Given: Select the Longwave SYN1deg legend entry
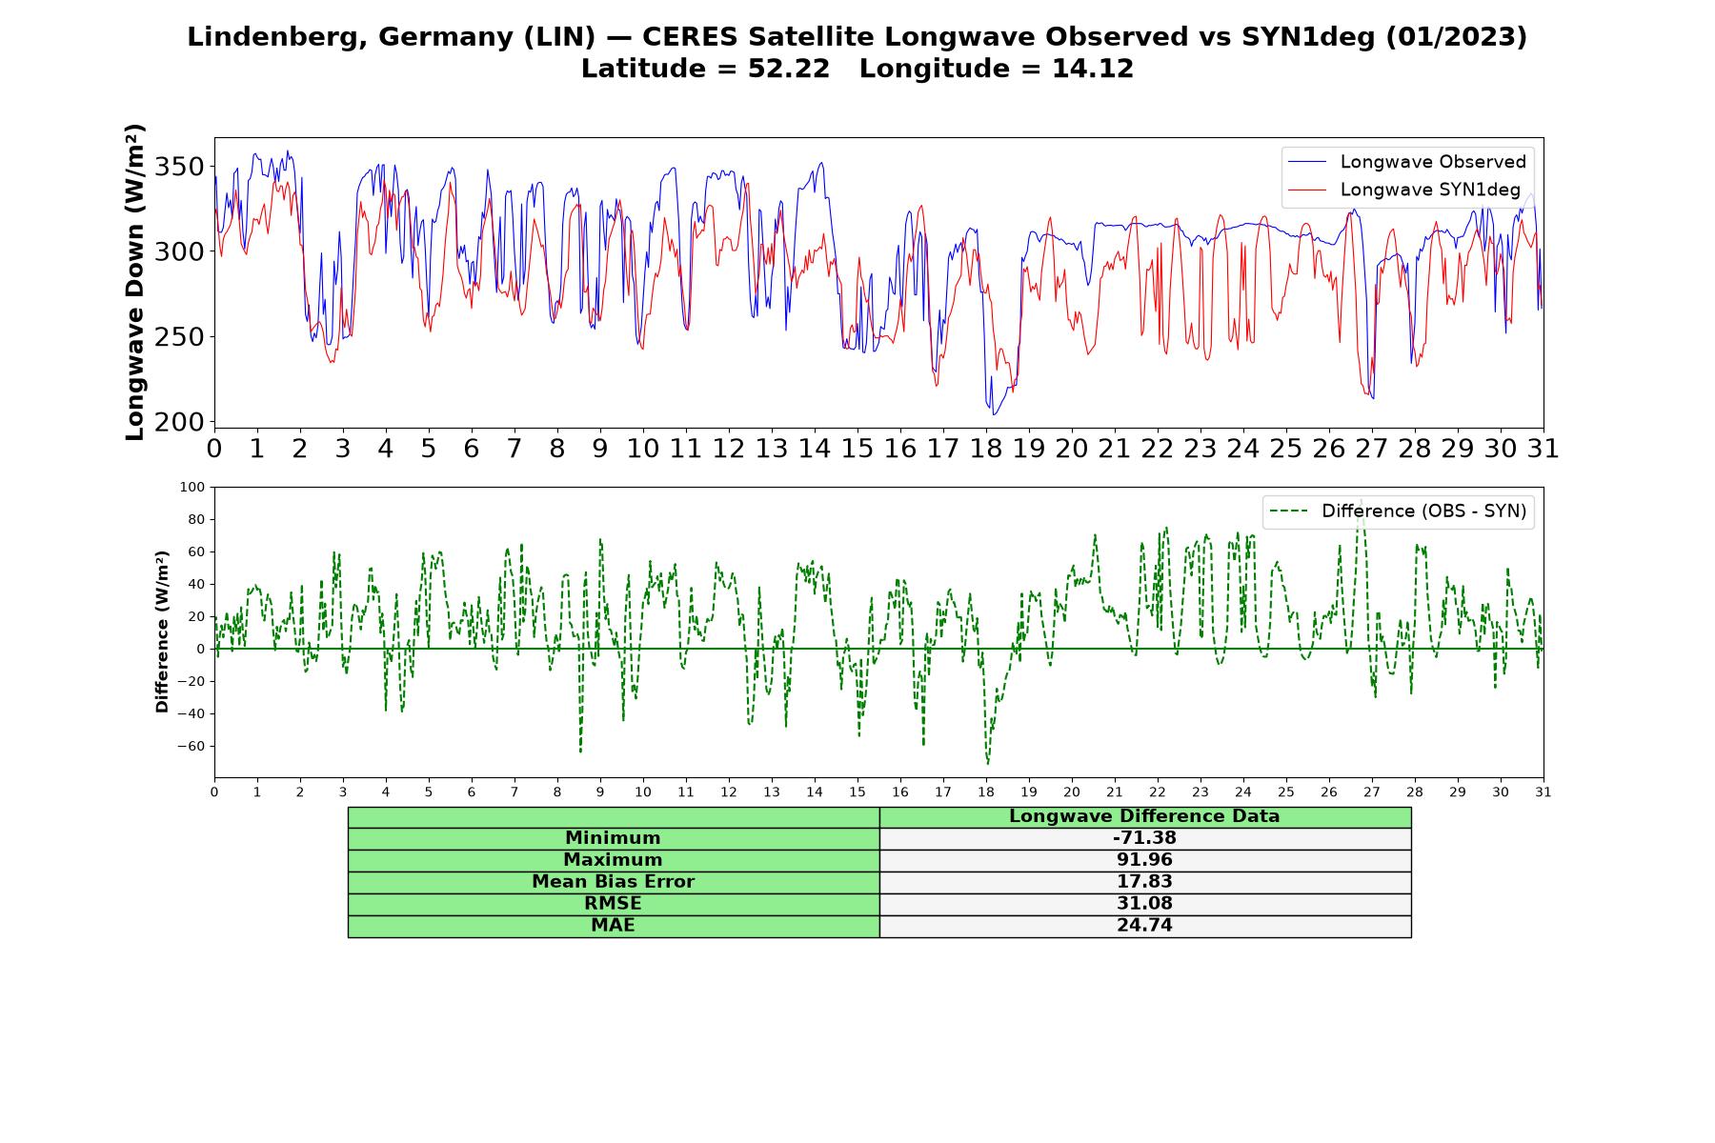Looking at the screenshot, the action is click(1404, 190).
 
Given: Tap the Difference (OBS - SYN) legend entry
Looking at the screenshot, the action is click(1398, 511).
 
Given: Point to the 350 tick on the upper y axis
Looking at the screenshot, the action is click(181, 167).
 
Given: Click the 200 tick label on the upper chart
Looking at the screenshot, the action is click(181, 422).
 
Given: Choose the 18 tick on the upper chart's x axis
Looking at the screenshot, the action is click(986, 448).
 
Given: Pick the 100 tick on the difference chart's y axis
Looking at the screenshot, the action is click(192, 487).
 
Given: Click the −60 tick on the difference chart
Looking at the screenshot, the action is click(191, 746).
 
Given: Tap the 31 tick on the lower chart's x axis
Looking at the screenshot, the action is click(1543, 792).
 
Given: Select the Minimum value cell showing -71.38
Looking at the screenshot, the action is click(1144, 838).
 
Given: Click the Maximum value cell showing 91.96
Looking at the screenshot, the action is click(1144, 860).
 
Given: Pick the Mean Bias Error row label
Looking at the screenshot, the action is click(613, 882).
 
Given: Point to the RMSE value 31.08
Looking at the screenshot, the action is click(1144, 904).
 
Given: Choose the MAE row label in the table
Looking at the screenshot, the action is click(613, 926).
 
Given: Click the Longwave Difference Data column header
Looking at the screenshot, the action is click(1144, 816).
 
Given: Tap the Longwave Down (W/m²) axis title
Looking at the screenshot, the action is click(134, 282).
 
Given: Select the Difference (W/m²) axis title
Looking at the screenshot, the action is click(162, 632).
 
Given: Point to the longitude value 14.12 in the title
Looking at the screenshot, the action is click(1093, 69).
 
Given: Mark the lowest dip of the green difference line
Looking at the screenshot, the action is click(987, 764).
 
